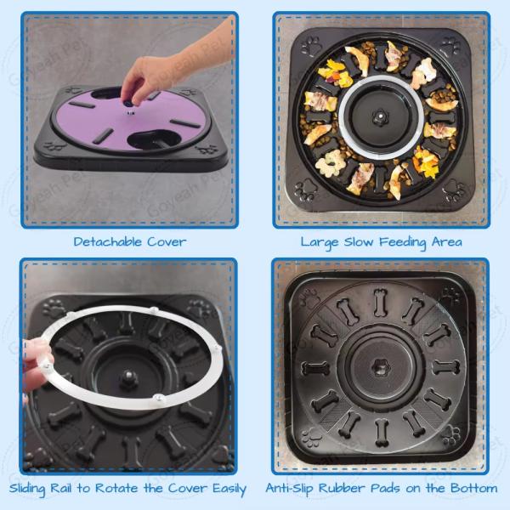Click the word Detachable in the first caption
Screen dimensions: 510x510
click(108, 241)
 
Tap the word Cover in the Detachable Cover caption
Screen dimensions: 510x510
click(167, 241)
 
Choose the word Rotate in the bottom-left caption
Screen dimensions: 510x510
click(116, 488)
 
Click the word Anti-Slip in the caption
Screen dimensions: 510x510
click(290, 489)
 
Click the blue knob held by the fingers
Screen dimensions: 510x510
click(127, 104)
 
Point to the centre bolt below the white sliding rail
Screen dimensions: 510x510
click(129, 378)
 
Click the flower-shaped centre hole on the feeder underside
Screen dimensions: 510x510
click(381, 368)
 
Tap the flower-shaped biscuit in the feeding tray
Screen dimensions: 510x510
click(328, 163)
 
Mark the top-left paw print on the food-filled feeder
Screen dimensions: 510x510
click(311, 46)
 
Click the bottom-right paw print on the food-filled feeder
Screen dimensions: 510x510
click(453, 190)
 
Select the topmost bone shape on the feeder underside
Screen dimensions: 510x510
click(380, 302)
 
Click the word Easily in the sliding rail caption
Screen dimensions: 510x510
click(229, 490)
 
